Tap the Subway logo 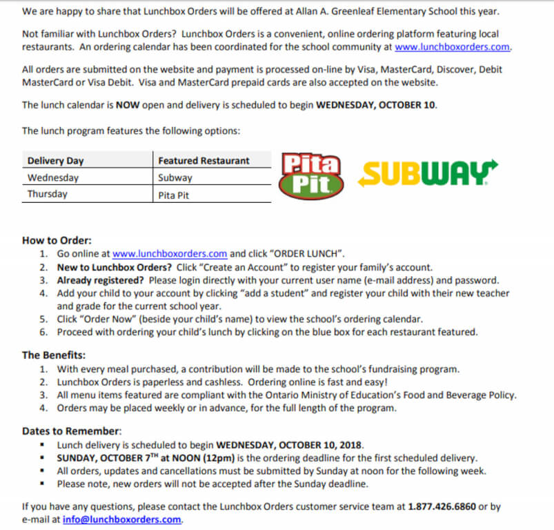click(427, 174)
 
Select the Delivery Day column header click(55, 161)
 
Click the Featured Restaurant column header click(204, 161)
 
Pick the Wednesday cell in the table click(53, 177)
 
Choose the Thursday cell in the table click(48, 194)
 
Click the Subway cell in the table click(175, 178)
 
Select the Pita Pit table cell click(174, 195)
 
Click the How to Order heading click(57, 240)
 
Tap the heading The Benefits click(54, 355)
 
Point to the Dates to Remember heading click(72, 431)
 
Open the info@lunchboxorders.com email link click(122, 519)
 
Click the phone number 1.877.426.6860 click(442, 507)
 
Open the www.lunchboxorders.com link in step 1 click(170, 253)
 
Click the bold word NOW click(129, 105)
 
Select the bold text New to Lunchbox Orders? click(114, 267)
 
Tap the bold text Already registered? click(99, 280)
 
